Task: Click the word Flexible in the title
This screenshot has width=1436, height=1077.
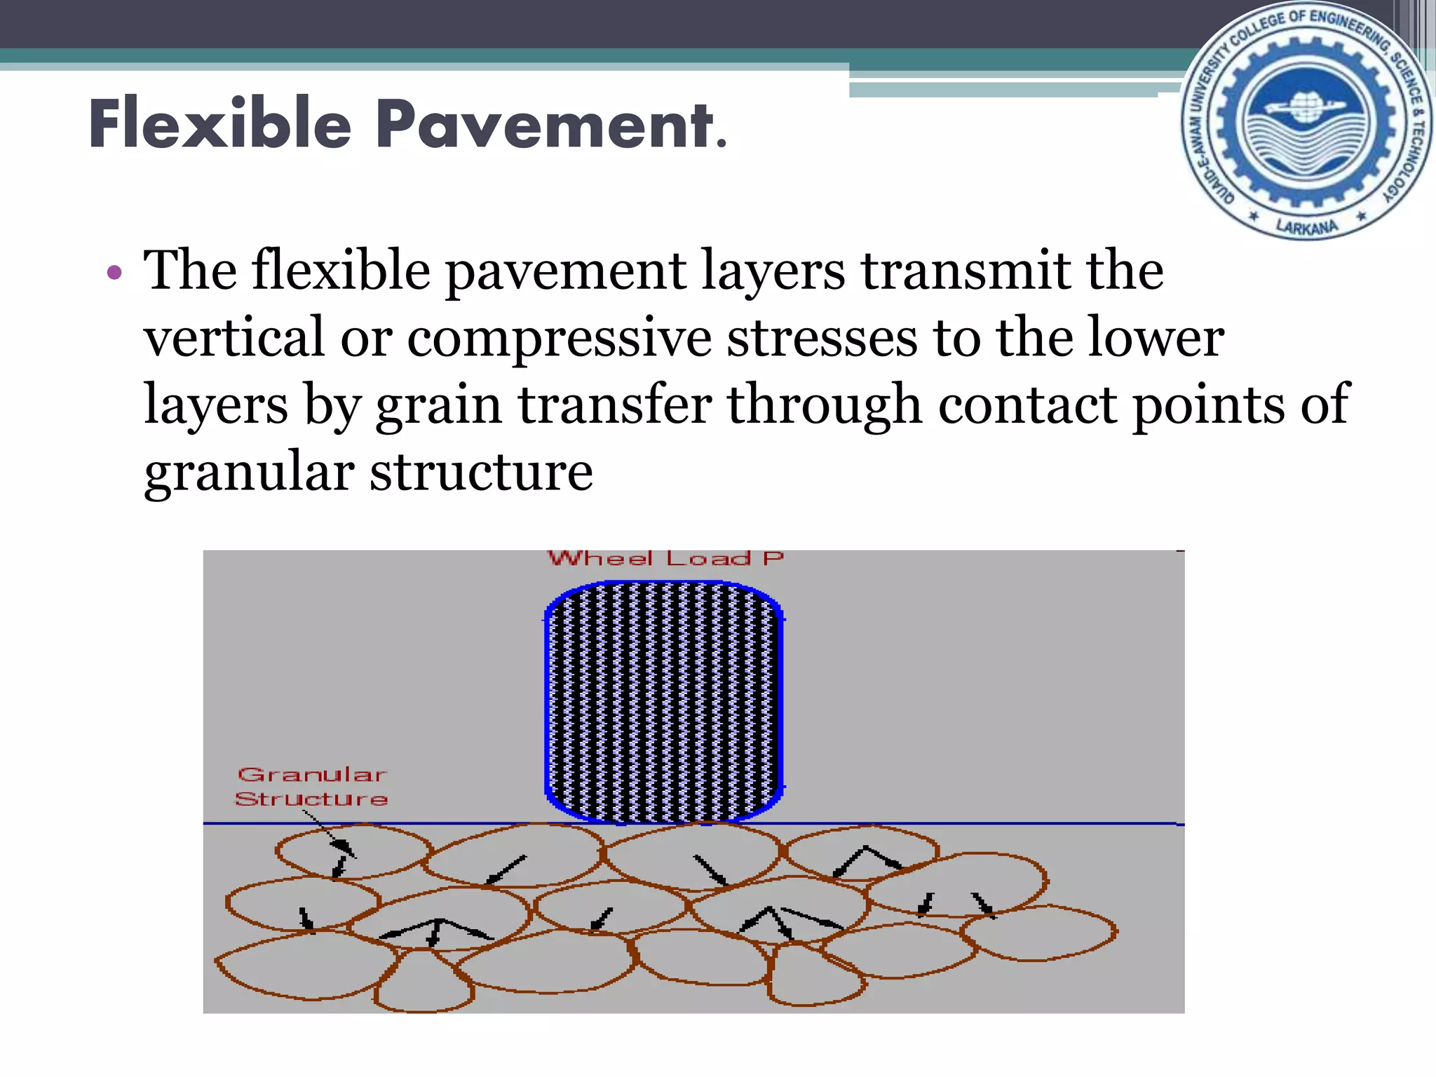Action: (x=220, y=124)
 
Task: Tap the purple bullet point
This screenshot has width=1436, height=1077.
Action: (x=114, y=272)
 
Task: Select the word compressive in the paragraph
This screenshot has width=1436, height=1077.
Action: (x=559, y=338)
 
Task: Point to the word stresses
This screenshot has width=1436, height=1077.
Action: (x=821, y=338)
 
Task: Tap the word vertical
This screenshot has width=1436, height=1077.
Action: (x=234, y=337)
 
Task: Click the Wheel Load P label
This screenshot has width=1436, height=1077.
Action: (x=665, y=559)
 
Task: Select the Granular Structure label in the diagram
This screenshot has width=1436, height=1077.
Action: (x=311, y=787)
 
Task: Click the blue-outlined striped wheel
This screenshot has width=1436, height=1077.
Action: (x=663, y=701)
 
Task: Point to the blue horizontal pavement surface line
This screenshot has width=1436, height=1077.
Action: (x=982, y=824)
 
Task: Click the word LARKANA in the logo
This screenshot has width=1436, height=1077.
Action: (x=1306, y=227)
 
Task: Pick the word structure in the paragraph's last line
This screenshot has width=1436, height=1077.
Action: (x=481, y=473)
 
